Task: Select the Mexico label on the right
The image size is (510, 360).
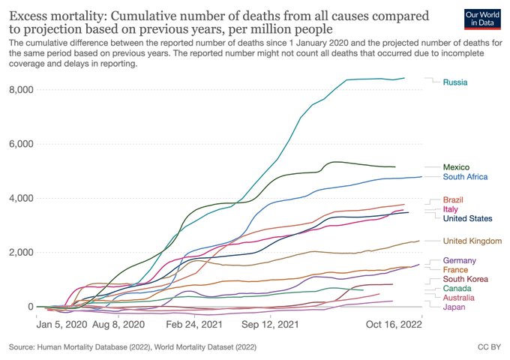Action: click(457, 167)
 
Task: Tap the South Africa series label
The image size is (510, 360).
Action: click(466, 178)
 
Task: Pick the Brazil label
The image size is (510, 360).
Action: click(453, 199)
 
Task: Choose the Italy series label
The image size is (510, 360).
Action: click(451, 209)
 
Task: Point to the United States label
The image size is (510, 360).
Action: click(468, 219)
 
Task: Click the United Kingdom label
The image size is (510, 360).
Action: click(472, 241)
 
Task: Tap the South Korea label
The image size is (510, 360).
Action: click(465, 279)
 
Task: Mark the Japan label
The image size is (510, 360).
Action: click(454, 307)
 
